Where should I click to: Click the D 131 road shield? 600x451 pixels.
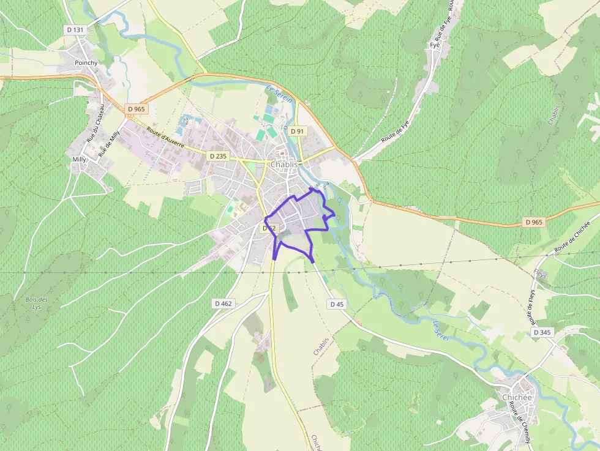(x=75, y=29)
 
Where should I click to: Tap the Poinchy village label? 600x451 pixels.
(x=86, y=62)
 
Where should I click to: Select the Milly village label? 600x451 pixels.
(x=80, y=159)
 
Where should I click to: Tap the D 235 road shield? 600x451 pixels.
(x=217, y=156)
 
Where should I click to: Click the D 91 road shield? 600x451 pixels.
(x=298, y=131)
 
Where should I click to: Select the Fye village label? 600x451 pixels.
(x=435, y=45)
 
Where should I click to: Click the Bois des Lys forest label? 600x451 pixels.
(x=37, y=303)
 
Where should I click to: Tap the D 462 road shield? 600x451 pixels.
(x=223, y=303)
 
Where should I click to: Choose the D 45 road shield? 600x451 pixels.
(x=337, y=304)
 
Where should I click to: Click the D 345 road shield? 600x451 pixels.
(x=542, y=332)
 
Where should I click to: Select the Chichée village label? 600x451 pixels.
(x=517, y=397)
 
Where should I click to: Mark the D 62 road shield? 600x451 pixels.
(x=269, y=228)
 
